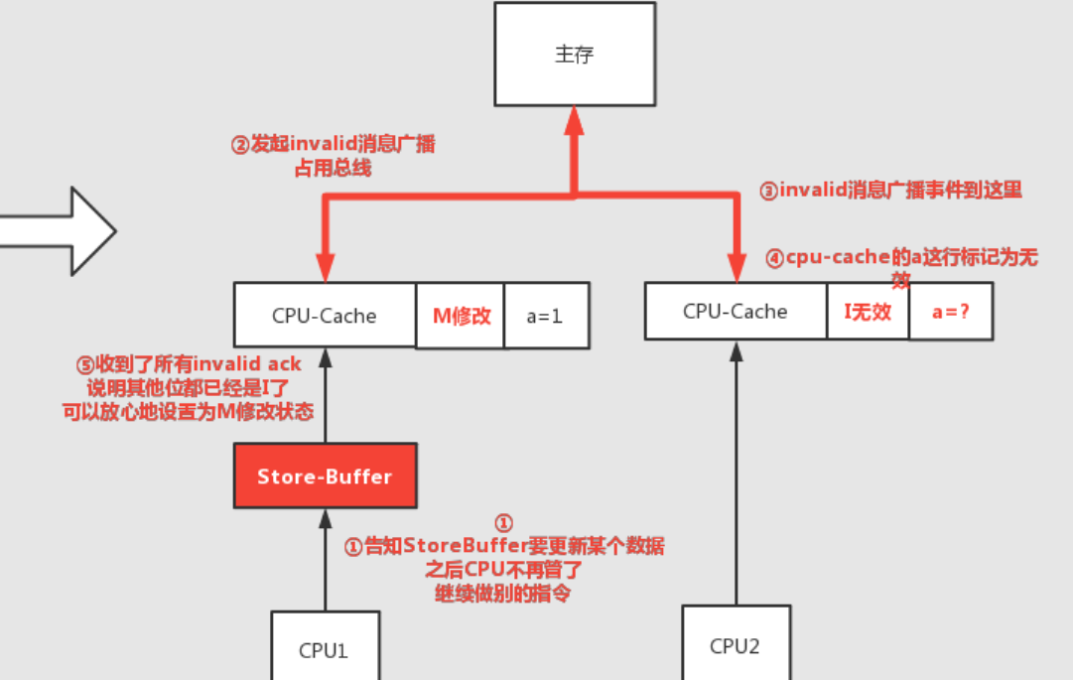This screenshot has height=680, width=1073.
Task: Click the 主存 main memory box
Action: [575, 55]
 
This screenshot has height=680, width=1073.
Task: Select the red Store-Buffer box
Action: [325, 476]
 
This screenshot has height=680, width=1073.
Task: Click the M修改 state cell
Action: [461, 317]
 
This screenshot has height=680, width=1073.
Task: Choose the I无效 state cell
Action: [868, 312]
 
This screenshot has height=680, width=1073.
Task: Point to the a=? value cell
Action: [951, 312]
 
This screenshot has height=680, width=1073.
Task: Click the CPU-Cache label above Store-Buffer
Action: [325, 317]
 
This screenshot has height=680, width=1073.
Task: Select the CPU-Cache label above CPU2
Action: [736, 312]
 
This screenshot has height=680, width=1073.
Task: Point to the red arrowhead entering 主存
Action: [574, 121]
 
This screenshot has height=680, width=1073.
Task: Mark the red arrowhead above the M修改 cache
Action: [325, 268]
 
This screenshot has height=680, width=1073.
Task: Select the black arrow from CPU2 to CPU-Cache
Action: [736, 476]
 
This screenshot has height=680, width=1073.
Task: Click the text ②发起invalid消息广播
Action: [334, 145]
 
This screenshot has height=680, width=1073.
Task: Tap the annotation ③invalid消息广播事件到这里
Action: [890, 191]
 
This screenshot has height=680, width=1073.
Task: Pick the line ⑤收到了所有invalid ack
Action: [189, 364]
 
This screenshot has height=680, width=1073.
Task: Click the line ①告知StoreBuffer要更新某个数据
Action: [503, 546]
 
